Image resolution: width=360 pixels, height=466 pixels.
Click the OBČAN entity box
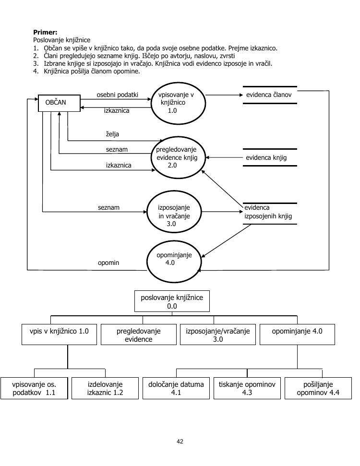click(x=59, y=103)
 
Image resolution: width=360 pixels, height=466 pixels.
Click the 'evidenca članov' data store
click(x=269, y=95)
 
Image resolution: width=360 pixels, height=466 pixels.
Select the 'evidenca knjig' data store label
click(x=266, y=157)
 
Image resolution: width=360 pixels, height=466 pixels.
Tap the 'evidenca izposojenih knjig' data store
click(x=268, y=212)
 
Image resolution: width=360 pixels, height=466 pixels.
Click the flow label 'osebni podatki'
click(x=117, y=95)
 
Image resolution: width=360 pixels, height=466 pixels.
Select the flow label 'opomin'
click(x=108, y=263)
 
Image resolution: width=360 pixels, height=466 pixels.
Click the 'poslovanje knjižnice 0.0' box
click(x=172, y=301)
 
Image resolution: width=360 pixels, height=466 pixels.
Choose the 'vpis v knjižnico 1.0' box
click(x=59, y=335)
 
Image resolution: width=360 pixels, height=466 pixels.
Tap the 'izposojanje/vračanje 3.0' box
click(x=218, y=335)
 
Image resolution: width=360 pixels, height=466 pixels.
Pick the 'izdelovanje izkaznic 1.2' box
click(x=105, y=388)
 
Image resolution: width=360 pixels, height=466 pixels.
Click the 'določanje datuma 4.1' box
click(x=176, y=388)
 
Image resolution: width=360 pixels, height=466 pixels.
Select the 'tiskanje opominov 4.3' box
click(x=247, y=388)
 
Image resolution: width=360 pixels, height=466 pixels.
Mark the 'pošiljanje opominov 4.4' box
click(x=318, y=388)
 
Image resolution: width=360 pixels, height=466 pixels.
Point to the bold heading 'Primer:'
click(x=45, y=32)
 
